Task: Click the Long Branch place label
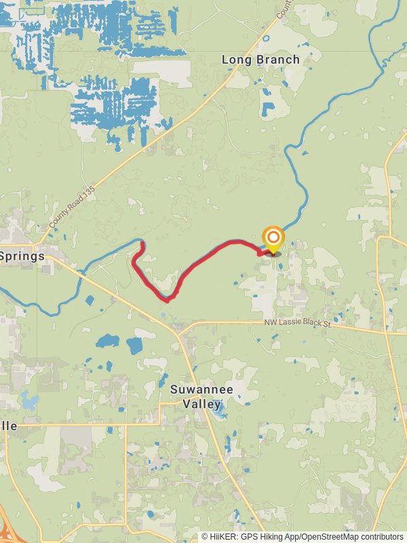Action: click(x=261, y=60)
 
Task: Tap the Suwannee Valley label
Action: click(x=201, y=397)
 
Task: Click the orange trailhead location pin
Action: click(x=273, y=238)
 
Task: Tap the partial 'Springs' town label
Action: click(x=22, y=257)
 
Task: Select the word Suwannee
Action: click(x=201, y=390)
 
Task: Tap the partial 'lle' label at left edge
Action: click(x=9, y=426)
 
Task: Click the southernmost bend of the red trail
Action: click(x=165, y=299)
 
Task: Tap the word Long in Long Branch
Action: click(x=234, y=60)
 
